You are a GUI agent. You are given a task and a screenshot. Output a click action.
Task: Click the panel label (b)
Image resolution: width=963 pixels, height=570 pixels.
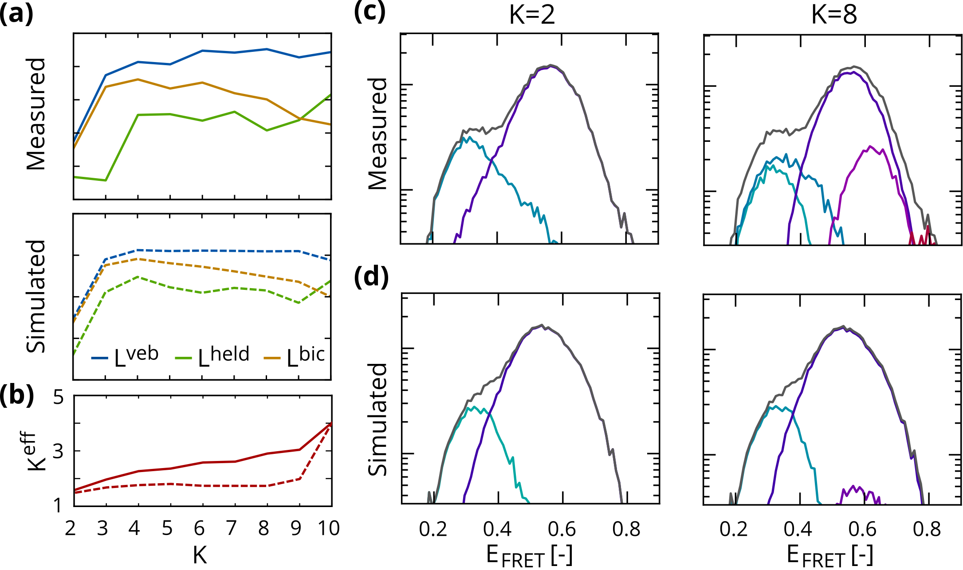16,394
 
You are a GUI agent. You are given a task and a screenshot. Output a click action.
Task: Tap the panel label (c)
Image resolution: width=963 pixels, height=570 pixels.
369,12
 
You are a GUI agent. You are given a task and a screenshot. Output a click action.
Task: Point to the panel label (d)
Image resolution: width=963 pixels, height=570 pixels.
371,277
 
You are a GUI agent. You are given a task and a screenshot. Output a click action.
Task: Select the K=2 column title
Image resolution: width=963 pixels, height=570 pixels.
532,15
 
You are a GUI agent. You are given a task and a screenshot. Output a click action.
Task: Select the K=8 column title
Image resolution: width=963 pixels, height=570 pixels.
833,15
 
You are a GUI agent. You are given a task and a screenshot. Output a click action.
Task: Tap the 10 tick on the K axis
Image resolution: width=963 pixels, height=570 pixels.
329,528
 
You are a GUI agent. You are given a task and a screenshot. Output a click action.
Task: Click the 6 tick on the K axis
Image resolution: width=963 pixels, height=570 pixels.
200,528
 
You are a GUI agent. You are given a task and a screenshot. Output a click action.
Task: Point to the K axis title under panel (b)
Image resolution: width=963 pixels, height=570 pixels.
200,554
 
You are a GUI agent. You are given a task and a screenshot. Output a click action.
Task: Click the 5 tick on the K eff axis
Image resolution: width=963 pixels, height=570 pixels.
59,397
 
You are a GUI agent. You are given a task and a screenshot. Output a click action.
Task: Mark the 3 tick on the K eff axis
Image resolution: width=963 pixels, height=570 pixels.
59,451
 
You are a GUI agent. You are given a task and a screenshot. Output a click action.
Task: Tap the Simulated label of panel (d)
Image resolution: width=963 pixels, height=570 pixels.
378,419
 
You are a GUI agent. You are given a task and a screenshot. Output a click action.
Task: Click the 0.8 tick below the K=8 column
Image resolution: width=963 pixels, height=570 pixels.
927,529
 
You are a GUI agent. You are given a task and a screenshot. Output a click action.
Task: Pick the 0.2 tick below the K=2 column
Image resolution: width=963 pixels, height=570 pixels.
432,529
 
